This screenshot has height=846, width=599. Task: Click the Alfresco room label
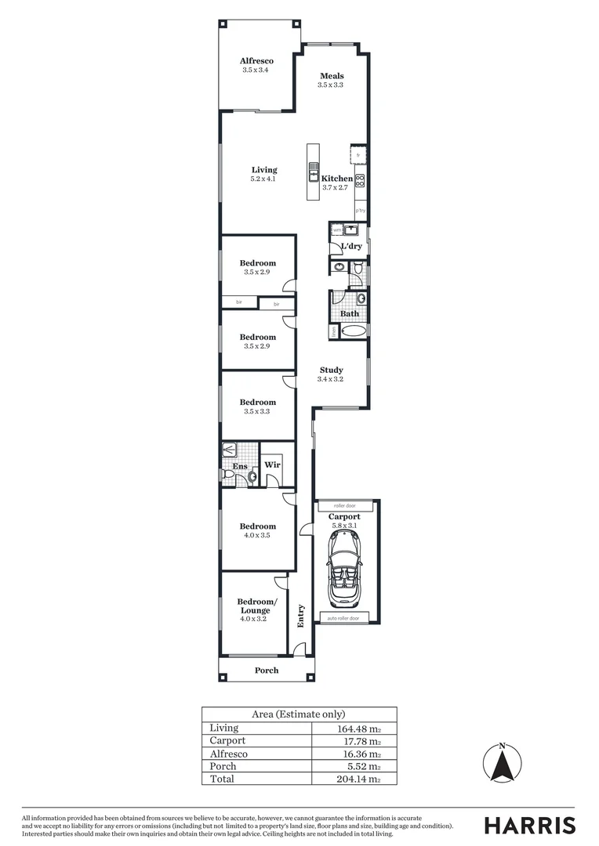pyautogui.click(x=256, y=60)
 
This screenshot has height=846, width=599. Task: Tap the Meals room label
pyautogui.click(x=331, y=76)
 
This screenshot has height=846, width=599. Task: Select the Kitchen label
pyautogui.click(x=337, y=179)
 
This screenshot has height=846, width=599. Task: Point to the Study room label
pyautogui.click(x=331, y=370)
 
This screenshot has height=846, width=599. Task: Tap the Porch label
pyautogui.click(x=267, y=671)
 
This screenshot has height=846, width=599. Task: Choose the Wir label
pyautogui.click(x=272, y=465)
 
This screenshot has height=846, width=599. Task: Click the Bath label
pyautogui.click(x=350, y=313)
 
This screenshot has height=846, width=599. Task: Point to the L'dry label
pyautogui.click(x=350, y=247)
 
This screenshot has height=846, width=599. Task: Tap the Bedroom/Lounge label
pyautogui.click(x=256, y=606)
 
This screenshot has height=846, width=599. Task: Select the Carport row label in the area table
pyautogui.click(x=227, y=740)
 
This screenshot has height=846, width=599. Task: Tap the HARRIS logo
pyautogui.click(x=529, y=825)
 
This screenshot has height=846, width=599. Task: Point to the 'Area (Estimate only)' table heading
pyautogui.click(x=299, y=714)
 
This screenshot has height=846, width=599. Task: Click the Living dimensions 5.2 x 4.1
pyautogui.click(x=263, y=179)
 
